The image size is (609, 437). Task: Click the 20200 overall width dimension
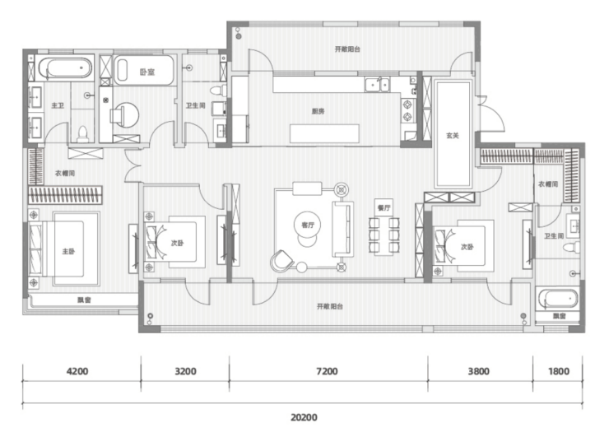pos(304,417)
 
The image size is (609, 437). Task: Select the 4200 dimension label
pos(77,371)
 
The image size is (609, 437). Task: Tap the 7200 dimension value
pos(327,371)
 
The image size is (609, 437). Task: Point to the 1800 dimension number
pos(559,371)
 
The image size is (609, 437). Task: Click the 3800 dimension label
pos(478,371)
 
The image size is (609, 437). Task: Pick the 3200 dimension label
pos(185,371)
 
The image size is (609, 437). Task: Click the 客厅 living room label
pos(308,225)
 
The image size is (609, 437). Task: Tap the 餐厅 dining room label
pos(384,208)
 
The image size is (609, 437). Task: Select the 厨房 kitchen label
pos(318,111)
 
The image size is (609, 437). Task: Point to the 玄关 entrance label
pos(452,136)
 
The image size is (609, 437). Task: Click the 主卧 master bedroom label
pos(68,252)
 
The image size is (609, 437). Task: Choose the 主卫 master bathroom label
pos(58,105)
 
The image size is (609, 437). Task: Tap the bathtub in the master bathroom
pos(65,68)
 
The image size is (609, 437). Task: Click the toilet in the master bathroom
pos(83,133)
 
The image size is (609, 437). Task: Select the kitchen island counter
pos(324,133)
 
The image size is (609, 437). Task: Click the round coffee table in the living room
pos(308,225)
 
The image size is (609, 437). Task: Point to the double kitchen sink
pos(377,84)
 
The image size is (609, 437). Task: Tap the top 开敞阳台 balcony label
pos(347,49)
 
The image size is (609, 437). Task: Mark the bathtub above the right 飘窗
pos(557,299)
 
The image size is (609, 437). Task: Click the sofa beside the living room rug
pos(342,229)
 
